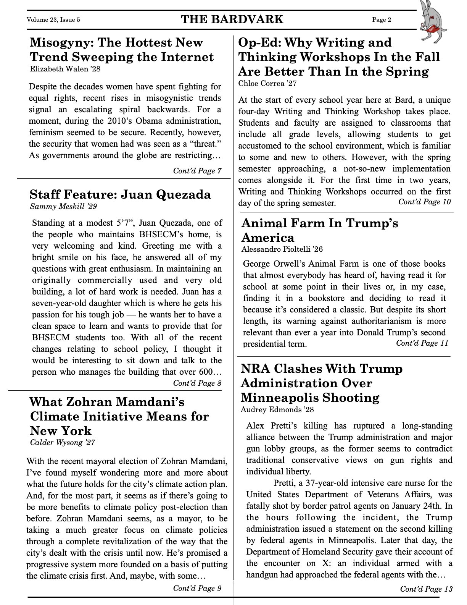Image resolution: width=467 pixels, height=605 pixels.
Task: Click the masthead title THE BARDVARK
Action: click(x=232, y=19)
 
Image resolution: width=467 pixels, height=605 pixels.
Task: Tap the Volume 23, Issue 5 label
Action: click(x=53, y=20)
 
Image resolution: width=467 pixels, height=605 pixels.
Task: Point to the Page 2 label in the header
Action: click(x=382, y=20)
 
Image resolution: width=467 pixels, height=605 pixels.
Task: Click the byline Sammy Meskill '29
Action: click(x=63, y=207)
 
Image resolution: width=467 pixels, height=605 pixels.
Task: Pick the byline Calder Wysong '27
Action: click(x=62, y=443)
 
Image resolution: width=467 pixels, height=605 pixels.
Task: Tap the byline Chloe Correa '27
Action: click(x=267, y=83)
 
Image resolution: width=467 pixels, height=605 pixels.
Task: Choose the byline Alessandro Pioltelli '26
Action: click(x=282, y=249)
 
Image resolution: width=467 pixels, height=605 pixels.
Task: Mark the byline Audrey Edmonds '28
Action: click(x=277, y=410)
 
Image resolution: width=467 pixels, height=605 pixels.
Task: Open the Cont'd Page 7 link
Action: click(x=197, y=171)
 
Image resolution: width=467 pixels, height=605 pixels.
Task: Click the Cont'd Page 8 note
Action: click(x=197, y=383)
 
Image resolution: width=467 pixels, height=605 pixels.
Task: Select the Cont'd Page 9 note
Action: click(x=197, y=588)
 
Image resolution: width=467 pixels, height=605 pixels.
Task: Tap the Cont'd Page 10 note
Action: click(x=424, y=202)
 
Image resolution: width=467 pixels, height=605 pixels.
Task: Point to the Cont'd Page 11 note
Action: click(x=422, y=343)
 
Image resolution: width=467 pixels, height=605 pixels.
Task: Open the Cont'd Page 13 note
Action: click(x=426, y=589)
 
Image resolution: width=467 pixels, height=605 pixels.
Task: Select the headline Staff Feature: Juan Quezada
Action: click(x=120, y=194)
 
